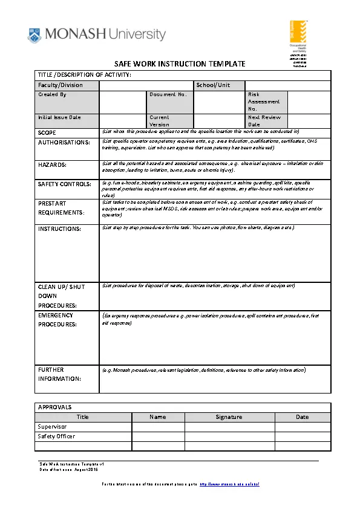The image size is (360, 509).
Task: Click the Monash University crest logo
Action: click(x=34, y=35)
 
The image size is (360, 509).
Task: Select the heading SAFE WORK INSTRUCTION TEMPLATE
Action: click(x=180, y=63)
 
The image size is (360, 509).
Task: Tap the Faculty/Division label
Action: click(x=61, y=85)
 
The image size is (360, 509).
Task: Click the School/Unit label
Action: click(x=213, y=85)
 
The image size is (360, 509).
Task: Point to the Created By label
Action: click(x=53, y=95)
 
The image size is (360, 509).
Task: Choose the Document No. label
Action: click(x=168, y=95)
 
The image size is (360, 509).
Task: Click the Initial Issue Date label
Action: click(x=59, y=117)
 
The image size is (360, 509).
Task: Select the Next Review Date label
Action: click(x=264, y=121)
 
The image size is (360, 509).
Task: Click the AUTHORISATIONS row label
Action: click(x=64, y=143)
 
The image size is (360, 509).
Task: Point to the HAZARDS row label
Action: click(x=53, y=164)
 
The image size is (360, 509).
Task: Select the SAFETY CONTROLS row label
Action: click(x=65, y=184)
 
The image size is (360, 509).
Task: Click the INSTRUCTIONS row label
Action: click(x=59, y=229)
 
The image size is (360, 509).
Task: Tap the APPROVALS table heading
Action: click(x=54, y=407)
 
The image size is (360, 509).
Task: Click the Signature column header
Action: click(x=229, y=417)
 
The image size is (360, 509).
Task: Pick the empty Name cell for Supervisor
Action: click(x=158, y=426)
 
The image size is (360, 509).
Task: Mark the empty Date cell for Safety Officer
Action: click(x=302, y=436)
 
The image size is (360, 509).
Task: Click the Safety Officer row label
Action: click(x=56, y=436)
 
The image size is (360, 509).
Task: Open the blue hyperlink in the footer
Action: click(x=229, y=485)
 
